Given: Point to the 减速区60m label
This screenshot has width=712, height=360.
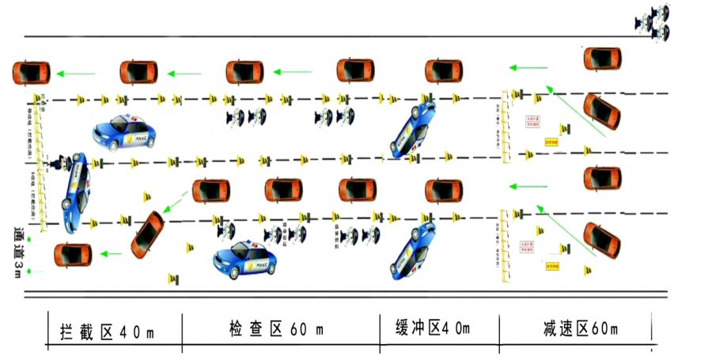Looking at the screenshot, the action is point(581,328).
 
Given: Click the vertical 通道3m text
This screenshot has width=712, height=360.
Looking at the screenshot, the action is point(18,252).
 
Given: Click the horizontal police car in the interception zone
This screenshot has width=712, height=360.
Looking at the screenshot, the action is point(123,133).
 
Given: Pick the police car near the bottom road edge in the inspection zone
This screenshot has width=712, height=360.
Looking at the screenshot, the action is point(246,261).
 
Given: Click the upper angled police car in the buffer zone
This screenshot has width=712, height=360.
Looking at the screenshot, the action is point(413,127).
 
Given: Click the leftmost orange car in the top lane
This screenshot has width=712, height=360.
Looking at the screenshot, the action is point(31,73).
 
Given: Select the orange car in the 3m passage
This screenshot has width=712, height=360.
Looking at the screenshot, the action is point(73,255).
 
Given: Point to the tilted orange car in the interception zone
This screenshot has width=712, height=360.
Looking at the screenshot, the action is point(148,234).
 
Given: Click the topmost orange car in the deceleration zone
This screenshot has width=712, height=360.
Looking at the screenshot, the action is point(602,58).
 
